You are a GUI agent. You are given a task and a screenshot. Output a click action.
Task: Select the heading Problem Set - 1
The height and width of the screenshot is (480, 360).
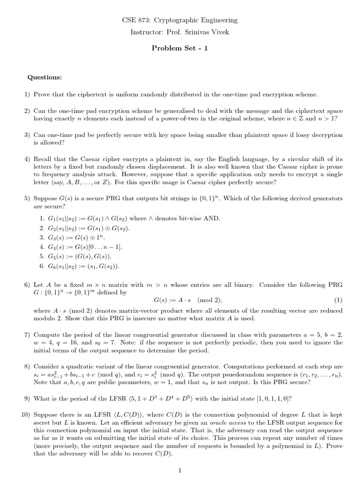[x=180, y=48]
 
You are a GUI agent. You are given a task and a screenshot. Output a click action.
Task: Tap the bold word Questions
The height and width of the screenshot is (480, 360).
[x=45, y=77]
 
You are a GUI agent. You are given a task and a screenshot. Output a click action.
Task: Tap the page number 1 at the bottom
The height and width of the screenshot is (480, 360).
[x=180, y=471]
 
